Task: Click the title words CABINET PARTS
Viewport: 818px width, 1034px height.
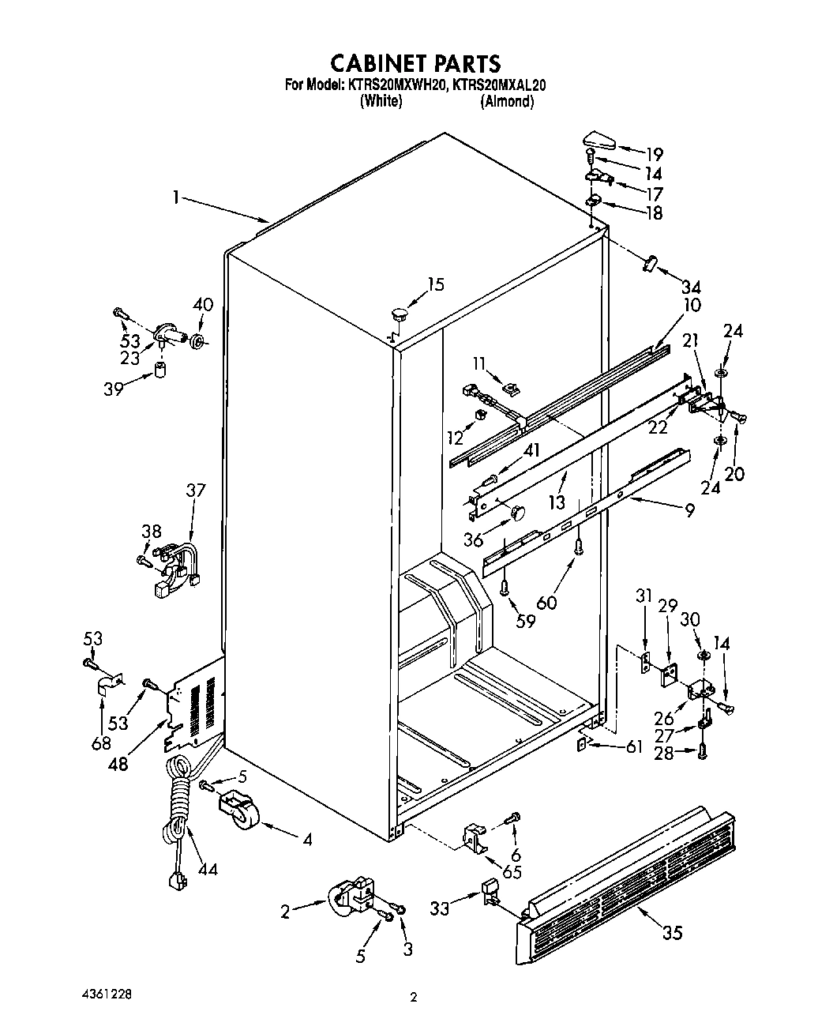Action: (x=414, y=62)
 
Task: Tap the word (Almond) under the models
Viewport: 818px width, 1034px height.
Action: (x=507, y=101)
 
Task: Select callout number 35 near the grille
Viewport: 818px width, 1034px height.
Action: (x=671, y=933)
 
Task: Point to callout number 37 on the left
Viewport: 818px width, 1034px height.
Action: (x=195, y=491)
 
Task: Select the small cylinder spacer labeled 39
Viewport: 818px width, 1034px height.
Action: (x=161, y=370)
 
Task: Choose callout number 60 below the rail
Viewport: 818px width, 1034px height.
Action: (x=546, y=603)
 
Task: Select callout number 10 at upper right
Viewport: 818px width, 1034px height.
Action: (x=692, y=305)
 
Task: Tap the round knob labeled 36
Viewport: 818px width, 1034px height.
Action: (x=516, y=513)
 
